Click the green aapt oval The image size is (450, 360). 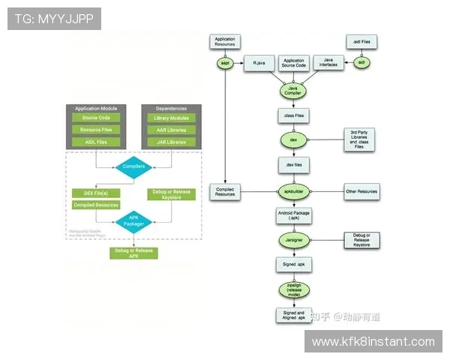[x=225, y=63]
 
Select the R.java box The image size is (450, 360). [x=259, y=64]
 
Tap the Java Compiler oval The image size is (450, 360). [x=292, y=91]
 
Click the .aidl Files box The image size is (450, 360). [x=360, y=41]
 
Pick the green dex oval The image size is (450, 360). [x=292, y=140]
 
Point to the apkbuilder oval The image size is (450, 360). [x=292, y=191]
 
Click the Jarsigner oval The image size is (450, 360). [x=292, y=240]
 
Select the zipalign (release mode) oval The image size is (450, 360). [x=292, y=289]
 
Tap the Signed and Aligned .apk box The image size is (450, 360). [x=292, y=315]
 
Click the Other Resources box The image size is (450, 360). [x=361, y=192]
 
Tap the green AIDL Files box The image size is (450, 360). [x=96, y=142]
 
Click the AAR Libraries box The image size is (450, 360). [x=171, y=130]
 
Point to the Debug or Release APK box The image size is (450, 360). [x=133, y=253]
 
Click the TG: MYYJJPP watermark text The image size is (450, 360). [x=54, y=19]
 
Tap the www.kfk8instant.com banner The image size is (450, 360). [x=373, y=342]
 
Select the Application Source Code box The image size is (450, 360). [x=293, y=64]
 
